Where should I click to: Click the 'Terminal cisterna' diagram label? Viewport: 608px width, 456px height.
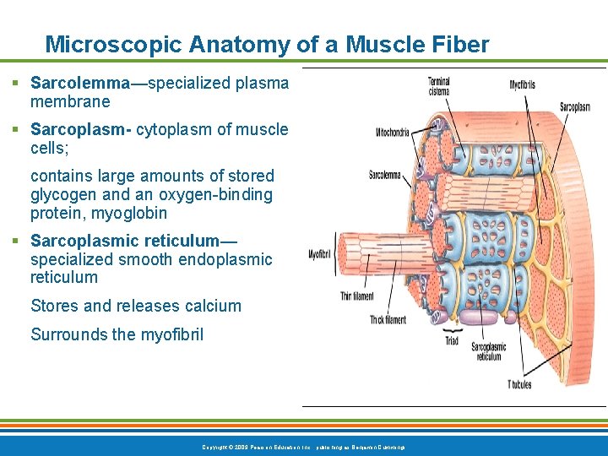coord(438,85)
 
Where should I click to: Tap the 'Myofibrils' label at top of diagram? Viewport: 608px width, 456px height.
coord(523,84)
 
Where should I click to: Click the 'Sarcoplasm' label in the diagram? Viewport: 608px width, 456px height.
coord(574,106)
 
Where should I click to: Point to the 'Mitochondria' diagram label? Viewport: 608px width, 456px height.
coord(393,133)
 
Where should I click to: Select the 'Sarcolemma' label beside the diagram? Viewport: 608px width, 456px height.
coord(385,175)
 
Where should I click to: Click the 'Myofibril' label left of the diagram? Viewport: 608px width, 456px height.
coord(320,254)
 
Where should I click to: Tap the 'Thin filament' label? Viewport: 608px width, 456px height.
coord(356,296)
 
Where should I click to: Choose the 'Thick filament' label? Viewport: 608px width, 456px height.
coord(388,319)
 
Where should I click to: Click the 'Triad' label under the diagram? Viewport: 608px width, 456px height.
coord(452,341)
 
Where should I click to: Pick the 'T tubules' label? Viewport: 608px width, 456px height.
coord(519,384)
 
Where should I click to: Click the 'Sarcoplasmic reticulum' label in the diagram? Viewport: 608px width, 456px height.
coord(488,351)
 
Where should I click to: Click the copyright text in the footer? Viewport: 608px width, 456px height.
coord(304,446)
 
